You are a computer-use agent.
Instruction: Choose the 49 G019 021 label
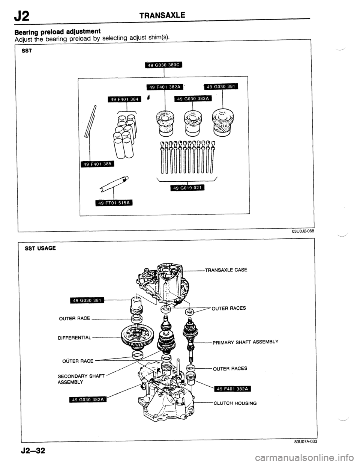(186, 188)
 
